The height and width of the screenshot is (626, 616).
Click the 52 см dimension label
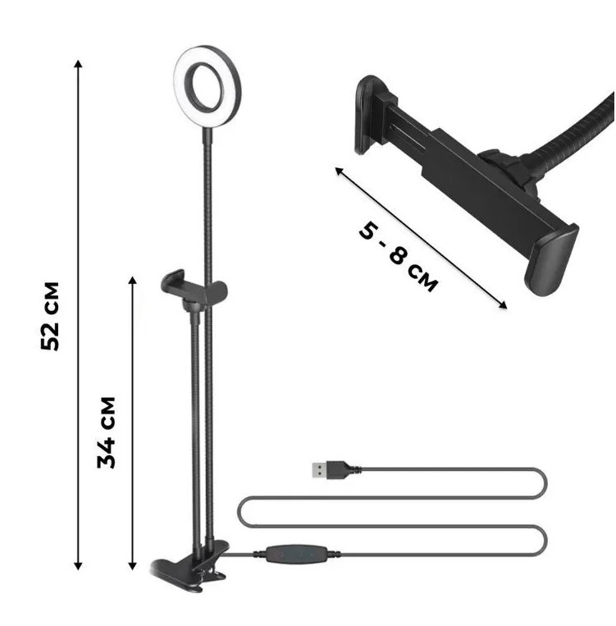point(50,316)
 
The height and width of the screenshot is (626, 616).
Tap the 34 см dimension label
point(106,432)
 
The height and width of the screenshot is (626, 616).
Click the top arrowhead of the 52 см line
point(79,63)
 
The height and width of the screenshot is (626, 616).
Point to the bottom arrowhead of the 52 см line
point(78,565)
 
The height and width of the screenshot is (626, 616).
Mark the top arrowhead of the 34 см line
point(133,279)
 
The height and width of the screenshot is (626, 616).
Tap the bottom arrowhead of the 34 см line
point(133,565)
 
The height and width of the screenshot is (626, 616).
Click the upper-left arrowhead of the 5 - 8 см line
point(339,171)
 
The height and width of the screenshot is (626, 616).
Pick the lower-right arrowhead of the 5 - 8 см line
point(503,305)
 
